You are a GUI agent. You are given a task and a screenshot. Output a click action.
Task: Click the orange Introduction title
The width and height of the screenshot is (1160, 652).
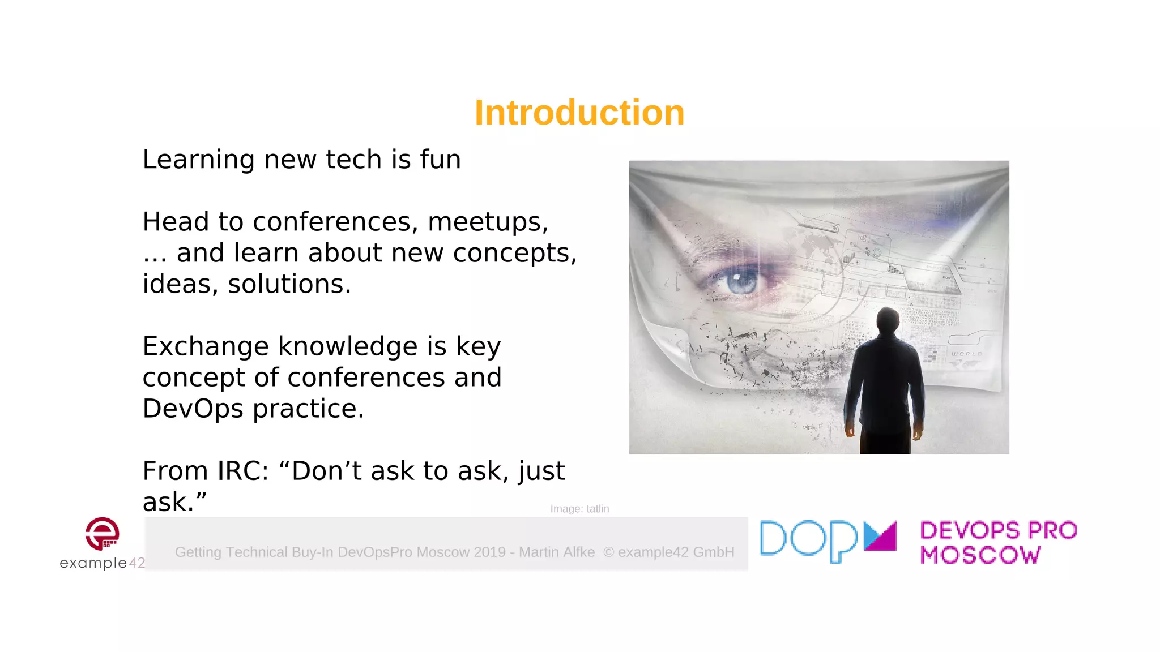pos(579,113)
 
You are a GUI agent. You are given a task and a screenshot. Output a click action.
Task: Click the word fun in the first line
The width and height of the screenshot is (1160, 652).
pos(440,159)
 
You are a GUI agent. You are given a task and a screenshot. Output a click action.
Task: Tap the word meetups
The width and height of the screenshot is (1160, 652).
pos(487,222)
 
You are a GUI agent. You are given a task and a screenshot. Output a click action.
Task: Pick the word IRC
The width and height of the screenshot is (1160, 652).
pos(237,471)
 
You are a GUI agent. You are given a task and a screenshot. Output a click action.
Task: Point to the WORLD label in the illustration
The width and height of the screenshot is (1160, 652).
pos(966,354)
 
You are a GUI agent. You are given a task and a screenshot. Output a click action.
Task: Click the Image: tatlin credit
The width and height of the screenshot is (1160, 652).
pos(579,509)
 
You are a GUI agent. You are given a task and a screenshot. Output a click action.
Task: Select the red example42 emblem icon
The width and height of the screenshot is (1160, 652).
pos(103,533)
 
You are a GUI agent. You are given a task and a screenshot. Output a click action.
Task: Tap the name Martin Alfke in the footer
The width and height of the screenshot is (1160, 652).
pos(557,552)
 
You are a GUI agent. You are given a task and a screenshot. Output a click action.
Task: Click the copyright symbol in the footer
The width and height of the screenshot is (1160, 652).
pos(608,552)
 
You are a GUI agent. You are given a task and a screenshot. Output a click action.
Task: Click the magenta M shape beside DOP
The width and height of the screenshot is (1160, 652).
pos(880,536)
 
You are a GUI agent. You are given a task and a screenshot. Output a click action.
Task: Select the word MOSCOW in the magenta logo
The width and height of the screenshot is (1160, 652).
pos(980,555)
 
